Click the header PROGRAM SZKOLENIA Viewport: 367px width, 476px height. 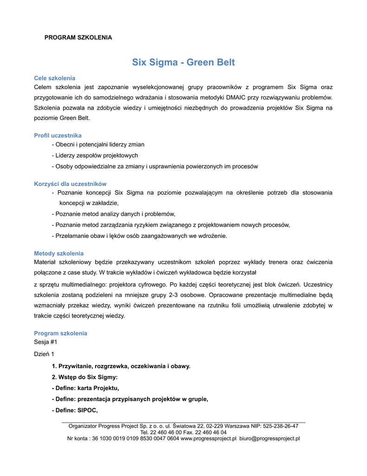click(78, 37)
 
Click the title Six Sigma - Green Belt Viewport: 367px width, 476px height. click(183, 62)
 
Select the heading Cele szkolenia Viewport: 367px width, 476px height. click(54, 78)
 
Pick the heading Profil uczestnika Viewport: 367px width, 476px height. click(58, 135)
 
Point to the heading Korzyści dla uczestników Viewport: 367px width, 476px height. click(70, 184)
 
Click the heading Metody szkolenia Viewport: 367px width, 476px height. click(58, 253)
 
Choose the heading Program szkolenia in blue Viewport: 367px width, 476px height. click(60, 333)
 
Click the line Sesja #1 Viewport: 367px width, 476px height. click(45, 342)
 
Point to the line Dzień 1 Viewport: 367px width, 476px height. click(44, 354)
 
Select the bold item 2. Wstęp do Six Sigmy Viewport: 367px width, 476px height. click(84, 377)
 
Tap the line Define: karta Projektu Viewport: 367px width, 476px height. click(85, 388)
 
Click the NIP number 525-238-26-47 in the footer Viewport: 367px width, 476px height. click(280, 426)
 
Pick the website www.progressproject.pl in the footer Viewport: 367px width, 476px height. click(208, 438)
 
